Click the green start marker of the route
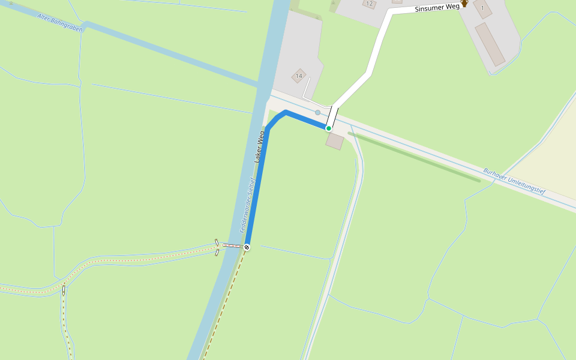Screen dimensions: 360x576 click(329, 128)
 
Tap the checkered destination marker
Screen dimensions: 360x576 click(247, 247)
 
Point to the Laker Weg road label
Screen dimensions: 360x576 click(260, 147)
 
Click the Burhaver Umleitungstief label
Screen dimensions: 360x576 click(514, 181)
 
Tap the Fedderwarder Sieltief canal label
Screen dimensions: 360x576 click(248, 205)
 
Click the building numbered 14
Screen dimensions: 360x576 click(299, 76)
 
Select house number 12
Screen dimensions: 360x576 click(369, 4)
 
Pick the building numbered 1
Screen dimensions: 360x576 click(482, 8)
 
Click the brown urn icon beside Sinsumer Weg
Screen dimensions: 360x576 click(464, 4)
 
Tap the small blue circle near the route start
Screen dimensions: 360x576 click(318, 113)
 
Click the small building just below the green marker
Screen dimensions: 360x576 click(335, 142)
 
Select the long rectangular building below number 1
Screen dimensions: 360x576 click(490, 44)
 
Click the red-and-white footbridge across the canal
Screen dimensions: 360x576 click(231, 246)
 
